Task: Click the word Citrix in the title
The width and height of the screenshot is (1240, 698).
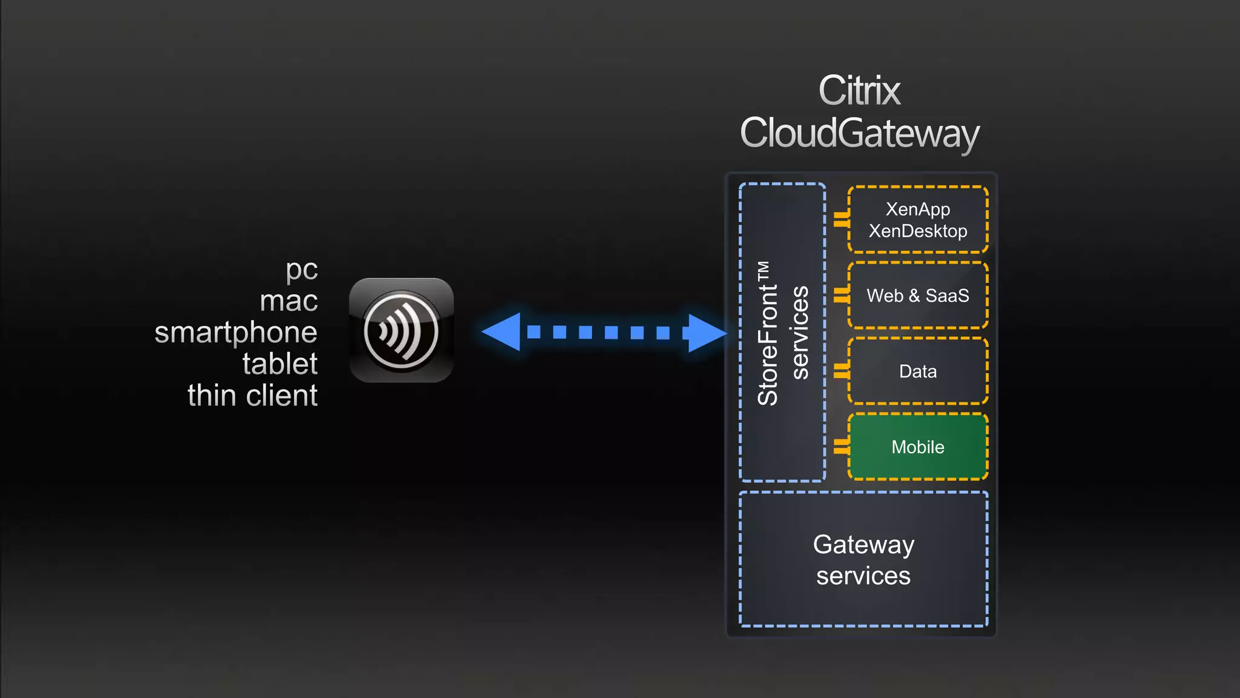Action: point(859,91)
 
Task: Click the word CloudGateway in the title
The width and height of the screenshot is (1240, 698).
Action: point(859,133)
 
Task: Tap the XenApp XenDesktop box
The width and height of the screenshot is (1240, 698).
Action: point(918,219)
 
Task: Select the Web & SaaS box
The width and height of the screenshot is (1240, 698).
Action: point(918,296)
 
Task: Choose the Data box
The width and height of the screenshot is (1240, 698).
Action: point(918,371)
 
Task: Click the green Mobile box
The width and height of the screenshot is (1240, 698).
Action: point(918,447)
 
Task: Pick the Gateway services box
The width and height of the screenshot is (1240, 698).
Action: point(863,560)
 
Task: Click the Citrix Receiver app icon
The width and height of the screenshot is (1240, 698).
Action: point(401,330)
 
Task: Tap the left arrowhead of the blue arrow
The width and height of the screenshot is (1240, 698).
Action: point(503,332)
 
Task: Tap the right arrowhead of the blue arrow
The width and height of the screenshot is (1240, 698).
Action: point(706,333)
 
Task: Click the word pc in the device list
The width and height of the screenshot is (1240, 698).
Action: point(302,270)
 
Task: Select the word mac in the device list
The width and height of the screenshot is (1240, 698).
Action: point(289,301)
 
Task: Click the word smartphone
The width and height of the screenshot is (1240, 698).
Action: point(236,333)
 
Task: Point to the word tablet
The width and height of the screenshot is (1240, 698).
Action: point(280,364)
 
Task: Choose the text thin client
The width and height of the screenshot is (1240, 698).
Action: point(252,396)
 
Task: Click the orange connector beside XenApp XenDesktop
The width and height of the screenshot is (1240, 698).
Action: point(841,219)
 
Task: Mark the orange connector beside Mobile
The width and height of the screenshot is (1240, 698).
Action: point(841,447)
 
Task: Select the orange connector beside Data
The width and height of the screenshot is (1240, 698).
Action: point(841,371)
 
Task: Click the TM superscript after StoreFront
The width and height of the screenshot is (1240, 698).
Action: point(763,271)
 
